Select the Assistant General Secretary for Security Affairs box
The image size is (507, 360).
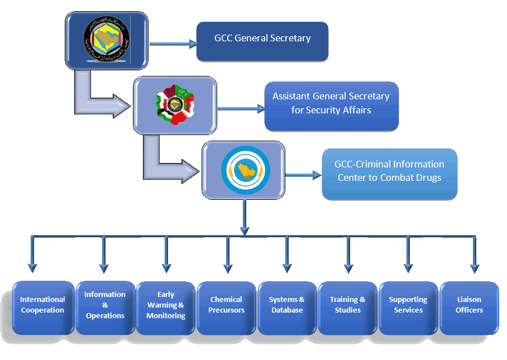click(331, 106)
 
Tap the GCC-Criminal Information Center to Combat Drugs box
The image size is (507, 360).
click(389, 174)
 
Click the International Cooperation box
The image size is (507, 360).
click(43, 308)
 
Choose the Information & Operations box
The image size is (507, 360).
click(105, 308)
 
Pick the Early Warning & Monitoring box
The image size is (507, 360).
click(166, 308)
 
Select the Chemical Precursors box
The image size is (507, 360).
click(227, 308)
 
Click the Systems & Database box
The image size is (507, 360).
click(287, 308)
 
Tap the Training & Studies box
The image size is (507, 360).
click(348, 308)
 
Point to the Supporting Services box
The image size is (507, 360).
click(408, 308)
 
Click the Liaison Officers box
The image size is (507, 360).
click(469, 308)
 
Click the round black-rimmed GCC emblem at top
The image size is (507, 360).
click(107, 40)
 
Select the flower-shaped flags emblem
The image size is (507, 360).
click(175, 105)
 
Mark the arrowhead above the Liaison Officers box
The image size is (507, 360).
click(475, 268)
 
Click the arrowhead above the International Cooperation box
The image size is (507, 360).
click(32, 268)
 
